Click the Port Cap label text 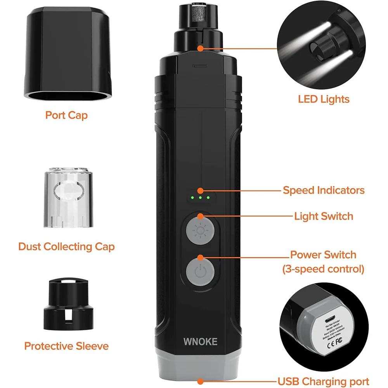tap(66, 115)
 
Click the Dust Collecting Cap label tap(66, 246)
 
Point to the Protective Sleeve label tap(66, 346)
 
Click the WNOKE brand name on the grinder tap(200, 341)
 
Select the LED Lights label tap(324, 99)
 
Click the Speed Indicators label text tap(324, 190)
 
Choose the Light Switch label tap(324, 216)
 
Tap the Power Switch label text tap(323, 255)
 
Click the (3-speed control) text tap(323, 268)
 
